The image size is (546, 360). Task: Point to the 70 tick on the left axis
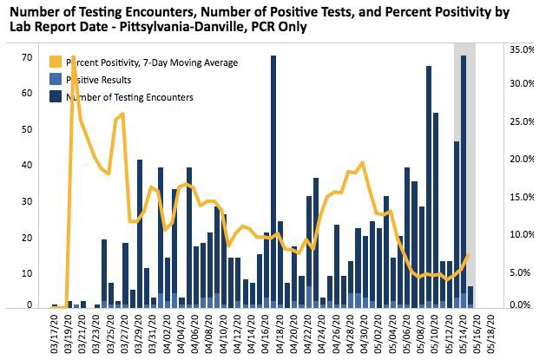(x=28, y=58)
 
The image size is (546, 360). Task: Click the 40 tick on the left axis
(x=28, y=166)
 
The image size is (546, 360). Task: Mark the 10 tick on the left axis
(x=28, y=273)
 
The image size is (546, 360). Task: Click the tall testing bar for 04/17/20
(x=273, y=182)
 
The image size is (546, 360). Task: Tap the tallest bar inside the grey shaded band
(x=464, y=182)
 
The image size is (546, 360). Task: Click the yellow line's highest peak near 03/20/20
(x=73, y=57)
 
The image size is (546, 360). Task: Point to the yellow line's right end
(x=470, y=254)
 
